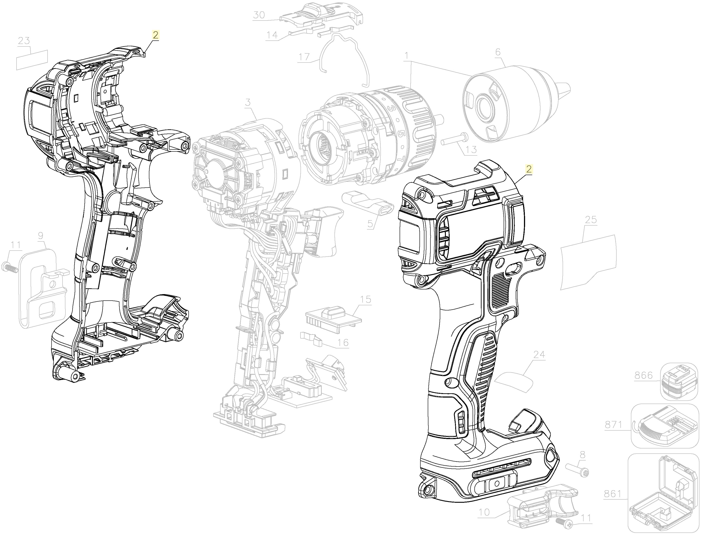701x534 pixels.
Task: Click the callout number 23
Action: tap(24, 41)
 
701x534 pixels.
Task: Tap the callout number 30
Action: tap(259, 15)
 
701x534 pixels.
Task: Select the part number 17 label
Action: tap(304, 57)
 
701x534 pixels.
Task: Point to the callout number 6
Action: tap(498, 52)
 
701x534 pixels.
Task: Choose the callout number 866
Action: tap(643, 376)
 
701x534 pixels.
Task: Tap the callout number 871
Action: tap(613, 425)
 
